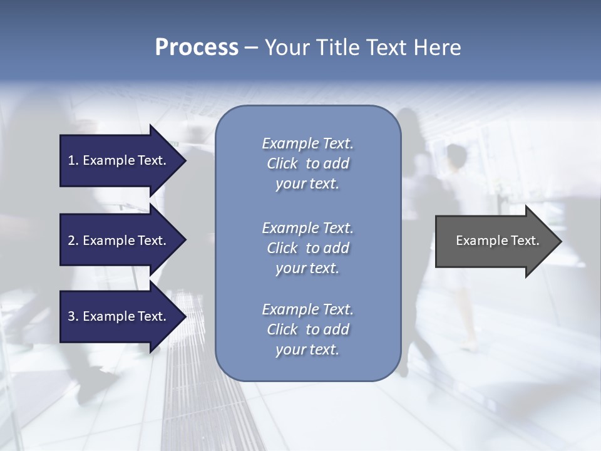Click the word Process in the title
click(x=197, y=48)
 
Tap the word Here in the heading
click(x=437, y=48)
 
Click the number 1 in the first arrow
click(x=71, y=160)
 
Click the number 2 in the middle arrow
click(x=71, y=241)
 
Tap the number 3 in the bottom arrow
click(x=71, y=316)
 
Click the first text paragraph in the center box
click(x=307, y=163)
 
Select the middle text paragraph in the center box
click(x=307, y=248)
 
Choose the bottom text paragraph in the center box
click(x=307, y=329)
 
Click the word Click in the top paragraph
click(x=282, y=163)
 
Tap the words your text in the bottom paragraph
click(x=307, y=350)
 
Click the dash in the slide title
click(x=252, y=48)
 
